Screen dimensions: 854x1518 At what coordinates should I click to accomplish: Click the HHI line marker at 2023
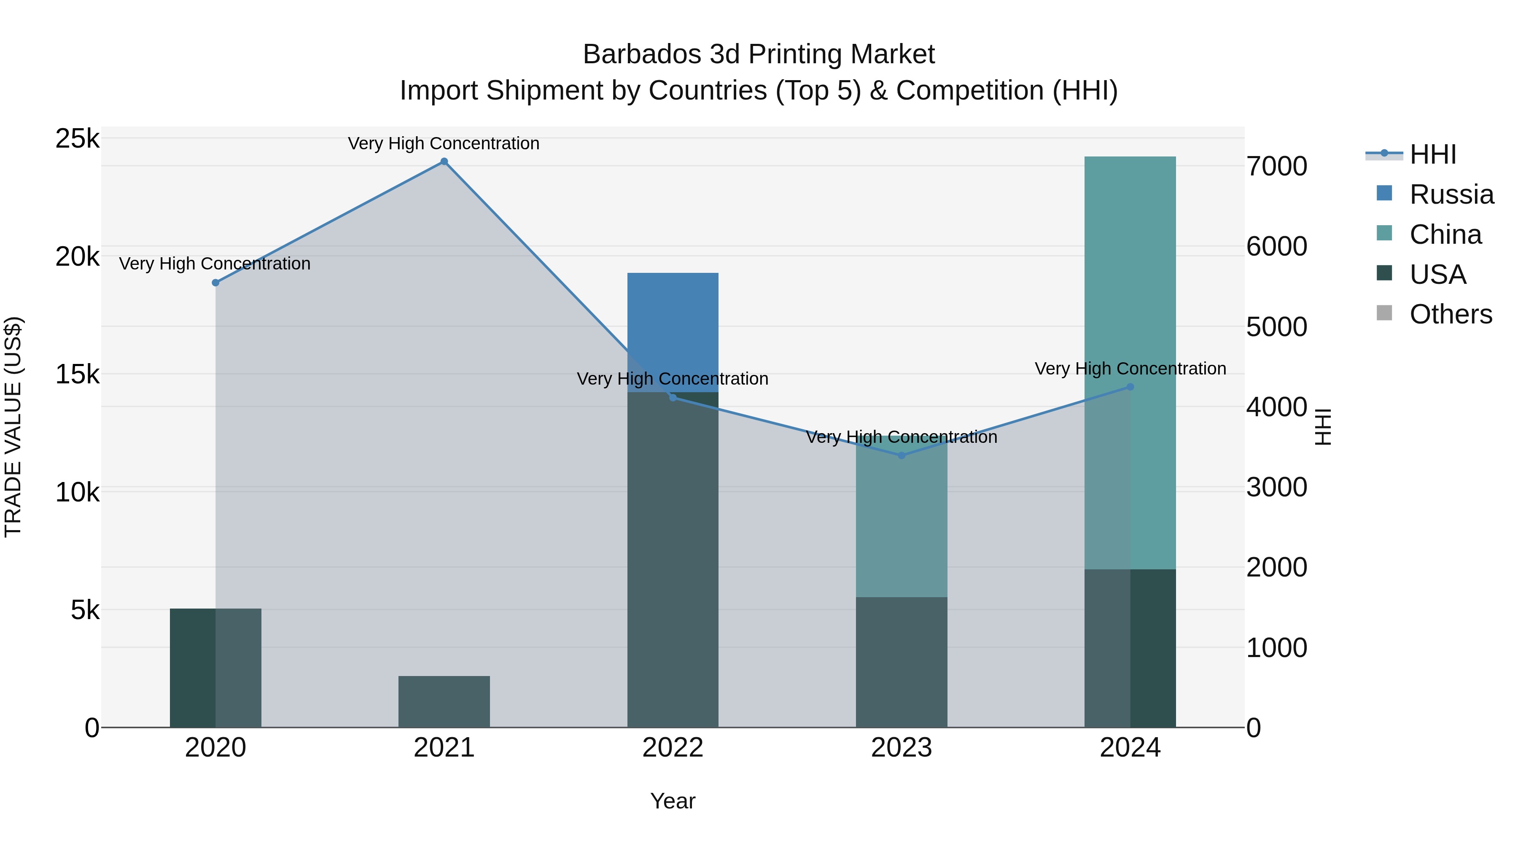point(901,455)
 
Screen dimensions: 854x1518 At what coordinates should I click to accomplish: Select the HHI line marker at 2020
point(215,283)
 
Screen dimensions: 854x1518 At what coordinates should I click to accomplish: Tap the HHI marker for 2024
point(1130,387)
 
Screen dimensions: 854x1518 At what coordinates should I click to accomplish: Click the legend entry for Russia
point(1451,194)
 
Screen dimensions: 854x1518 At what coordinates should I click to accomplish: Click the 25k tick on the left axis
point(77,139)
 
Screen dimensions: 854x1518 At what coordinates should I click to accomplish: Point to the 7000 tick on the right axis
point(1276,166)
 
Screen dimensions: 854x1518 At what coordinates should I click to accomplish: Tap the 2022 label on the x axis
point(673,748)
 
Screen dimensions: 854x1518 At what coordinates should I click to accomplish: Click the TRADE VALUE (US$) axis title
point(13,427)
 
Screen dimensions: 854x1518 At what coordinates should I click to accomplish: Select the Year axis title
point(673,801)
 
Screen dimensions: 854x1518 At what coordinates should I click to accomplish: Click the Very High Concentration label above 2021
point(443,143)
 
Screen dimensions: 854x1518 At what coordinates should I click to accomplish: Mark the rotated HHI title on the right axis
point(1323,427)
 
